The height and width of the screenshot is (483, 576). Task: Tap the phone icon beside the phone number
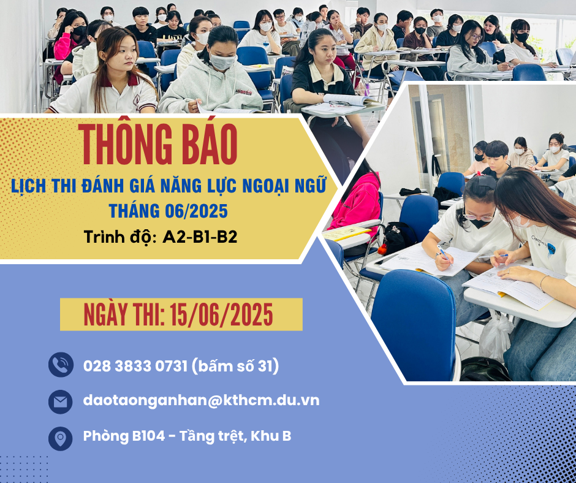60,365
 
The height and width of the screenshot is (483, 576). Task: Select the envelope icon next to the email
60,401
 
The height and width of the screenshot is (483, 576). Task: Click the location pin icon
60,438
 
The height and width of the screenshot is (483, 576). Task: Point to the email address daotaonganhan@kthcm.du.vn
201,401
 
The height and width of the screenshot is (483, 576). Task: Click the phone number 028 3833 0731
135,367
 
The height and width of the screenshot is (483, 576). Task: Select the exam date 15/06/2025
221,315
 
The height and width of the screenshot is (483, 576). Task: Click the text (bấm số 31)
235,367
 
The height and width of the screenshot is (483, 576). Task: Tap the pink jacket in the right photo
357,202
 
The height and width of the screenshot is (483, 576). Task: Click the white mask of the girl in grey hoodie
223,61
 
